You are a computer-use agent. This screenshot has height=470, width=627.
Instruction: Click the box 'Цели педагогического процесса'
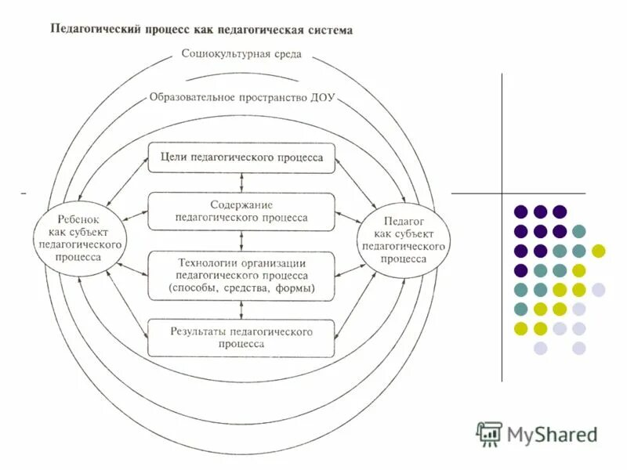(x=241, y=157)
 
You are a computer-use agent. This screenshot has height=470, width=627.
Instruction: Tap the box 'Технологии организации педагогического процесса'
(x=241, y=276)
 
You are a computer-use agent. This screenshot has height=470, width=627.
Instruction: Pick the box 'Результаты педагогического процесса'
(x=241, y=338)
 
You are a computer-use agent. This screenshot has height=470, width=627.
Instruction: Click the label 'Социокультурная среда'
(x=241, y=55)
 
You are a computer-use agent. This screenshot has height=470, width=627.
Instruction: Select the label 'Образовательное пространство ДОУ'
(x=241, y=99)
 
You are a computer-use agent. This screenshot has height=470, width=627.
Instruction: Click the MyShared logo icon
(x=489, y=433)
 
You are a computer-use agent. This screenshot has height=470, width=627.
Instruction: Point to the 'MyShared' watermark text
(x=552, y=434)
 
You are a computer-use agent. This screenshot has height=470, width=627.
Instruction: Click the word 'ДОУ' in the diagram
(x=321, y=99)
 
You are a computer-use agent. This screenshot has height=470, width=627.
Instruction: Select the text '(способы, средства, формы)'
(x=241, y=289)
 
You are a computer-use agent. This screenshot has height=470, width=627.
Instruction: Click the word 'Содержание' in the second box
(x=241, y=204)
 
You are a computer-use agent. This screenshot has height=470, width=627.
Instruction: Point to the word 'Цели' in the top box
(x=173, y=157)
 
